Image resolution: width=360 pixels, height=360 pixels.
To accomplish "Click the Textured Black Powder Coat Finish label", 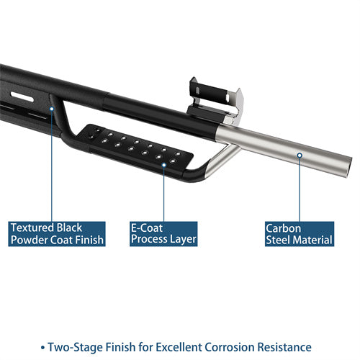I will pyautogui.click(x=56, y=233).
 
